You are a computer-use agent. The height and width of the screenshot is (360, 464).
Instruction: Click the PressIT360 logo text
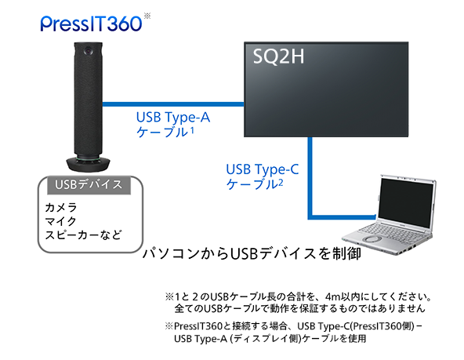(92, 22)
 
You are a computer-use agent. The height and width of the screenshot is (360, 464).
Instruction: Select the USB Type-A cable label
(173, 124)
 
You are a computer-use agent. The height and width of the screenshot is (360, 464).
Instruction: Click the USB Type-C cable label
(263, 176)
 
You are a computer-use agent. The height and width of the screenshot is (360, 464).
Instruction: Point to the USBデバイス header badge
(89, 185)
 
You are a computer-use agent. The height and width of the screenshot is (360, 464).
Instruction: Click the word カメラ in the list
(61, 208)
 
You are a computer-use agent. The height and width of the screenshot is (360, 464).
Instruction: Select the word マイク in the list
(61, 222)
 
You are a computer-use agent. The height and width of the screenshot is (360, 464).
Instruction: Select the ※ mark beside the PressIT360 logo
(147, 14)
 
